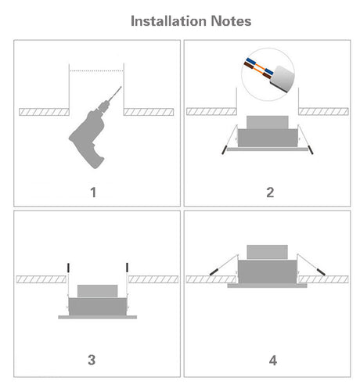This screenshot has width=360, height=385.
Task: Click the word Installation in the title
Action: pyautogui.click(x=168, y=21)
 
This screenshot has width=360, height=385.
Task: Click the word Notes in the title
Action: pyautogui.click(x=231, y=21)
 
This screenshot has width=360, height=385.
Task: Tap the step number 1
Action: pyautogui.click(x=93, y=192)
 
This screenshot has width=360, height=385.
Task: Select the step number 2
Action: pyautogui.click(x=270, y=192)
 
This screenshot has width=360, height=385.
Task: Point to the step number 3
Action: pyautogui.click(x=92, y=360)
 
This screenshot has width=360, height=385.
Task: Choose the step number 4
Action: pyautogui.click(x=273, y=361)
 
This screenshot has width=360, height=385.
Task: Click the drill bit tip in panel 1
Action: pyautogui.click(x=121, y=87)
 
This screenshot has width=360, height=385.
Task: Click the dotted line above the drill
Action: pyautogui.click(x=96, y=70)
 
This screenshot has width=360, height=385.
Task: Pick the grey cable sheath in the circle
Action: pyautogui.click(x=283, y=78)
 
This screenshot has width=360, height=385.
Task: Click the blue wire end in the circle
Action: pyautogui.click(x=250, y=62)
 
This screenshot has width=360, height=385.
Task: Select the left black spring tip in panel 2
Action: pyautogui.click(x=224, y=150)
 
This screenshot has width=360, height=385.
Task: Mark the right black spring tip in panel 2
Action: pyautogui.click(x=311, y=150)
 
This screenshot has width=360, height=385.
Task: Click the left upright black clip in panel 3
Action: pyautogui.click(x=68, y=268)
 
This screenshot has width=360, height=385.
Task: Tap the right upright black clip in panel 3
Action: pyautogui.click(x=127, y=267)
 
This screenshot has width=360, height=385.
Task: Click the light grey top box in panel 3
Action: pyautogui.click(x=98, y=291)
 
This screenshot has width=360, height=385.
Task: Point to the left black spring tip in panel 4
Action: pyautogui.click(x=214, y=272)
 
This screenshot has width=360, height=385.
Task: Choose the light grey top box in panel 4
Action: pyautogui.click(x=268, y=252)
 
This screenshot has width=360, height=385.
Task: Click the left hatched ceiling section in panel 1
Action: pyautogui.click(x=44, y=112)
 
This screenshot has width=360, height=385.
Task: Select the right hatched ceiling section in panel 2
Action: pyautogui.click(x=323, y=112)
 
